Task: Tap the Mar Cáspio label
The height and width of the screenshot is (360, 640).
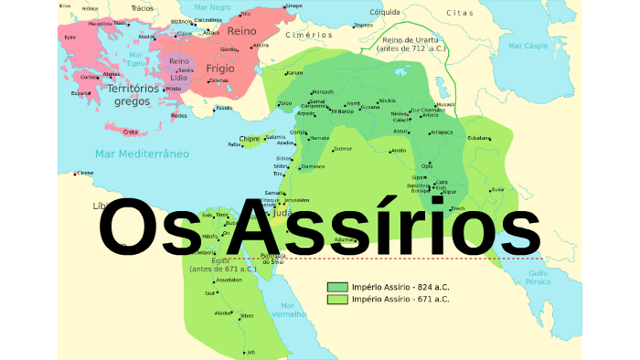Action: point(528,45)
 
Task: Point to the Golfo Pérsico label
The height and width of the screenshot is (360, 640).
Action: point(538,277)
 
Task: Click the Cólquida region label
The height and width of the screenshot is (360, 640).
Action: point(384,12)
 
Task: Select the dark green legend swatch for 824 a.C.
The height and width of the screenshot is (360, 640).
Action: point(337,287)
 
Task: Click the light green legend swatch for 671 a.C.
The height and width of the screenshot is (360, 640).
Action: point(337,299)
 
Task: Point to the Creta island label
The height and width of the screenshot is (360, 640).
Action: point(130,132)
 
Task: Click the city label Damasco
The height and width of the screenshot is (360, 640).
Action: point(313,167)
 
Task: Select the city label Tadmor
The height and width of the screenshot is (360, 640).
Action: point(342,148)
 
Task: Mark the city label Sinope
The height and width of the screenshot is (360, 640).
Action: point(293,6)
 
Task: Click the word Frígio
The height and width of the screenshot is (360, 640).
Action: point(220,68)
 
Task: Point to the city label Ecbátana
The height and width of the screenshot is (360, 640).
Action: point(479,138)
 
